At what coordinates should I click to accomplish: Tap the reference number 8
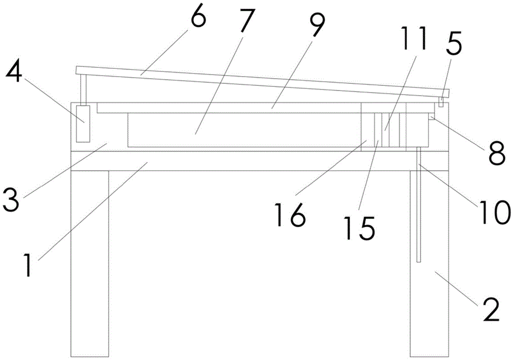[x=497, y=153]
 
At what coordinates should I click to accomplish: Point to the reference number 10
[x=493, y=210]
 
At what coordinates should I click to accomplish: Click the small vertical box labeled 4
[x=83, y=123]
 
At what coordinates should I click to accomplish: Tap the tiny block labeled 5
[x=440, y=104]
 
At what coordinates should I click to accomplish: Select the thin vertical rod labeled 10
[x=419, y=206]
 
